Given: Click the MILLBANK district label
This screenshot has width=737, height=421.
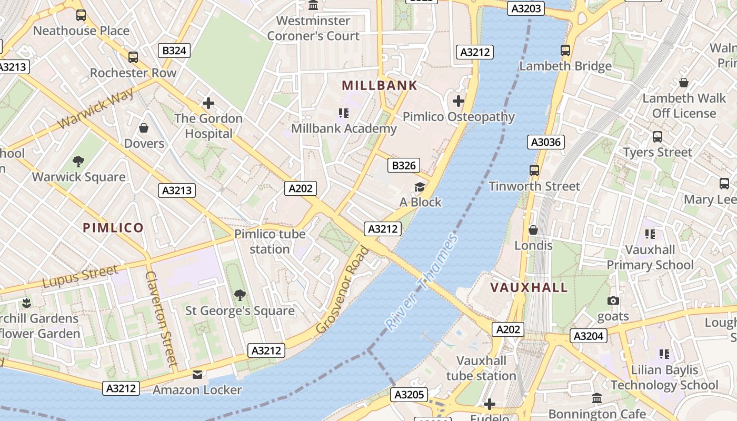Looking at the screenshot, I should pyautogui.click(x=379, y=85).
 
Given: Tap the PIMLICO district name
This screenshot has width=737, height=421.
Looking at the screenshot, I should pyautogui.click(x=113, y=227).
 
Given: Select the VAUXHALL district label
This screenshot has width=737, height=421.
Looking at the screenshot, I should pyautogui.click(x=529, y=287).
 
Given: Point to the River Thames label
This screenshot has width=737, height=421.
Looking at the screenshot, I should pyautogui.click(x=422, y=283).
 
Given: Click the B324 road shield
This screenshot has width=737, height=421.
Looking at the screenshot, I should pyautogui.click(x=174, y=51).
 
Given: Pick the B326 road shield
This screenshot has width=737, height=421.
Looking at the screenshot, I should pyautogui.click(x=404, y=166).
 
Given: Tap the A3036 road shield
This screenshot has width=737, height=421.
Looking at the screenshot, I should pyautogui.click(x=545, y=142).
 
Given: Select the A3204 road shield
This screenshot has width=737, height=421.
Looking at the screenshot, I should pyautogui.click(x=589, y=336).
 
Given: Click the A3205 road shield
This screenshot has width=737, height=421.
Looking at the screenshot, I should pyautogui.click(x=409, y=395).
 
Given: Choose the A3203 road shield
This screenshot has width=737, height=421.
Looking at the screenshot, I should pyautogui.click(x=525, y=8).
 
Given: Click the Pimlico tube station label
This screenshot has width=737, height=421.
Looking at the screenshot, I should pyautogui.click(x=270, y=241).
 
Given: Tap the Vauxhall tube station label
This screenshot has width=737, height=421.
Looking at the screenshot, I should pyautogui.click(x=481, y=368).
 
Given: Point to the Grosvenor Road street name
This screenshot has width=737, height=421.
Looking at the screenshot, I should pyautogui.click(x=343, y=289).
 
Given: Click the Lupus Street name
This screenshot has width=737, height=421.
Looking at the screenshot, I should pyautogui.click(x=81, y=276).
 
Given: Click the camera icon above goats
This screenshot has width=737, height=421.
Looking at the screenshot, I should pyautogui.click(x=613, y=300).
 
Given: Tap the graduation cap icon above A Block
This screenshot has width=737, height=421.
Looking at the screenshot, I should pyautogui.click(x=420, y=187).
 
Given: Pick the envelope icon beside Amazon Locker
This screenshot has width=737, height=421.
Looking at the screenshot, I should pyautogui.click(x=197, y=375).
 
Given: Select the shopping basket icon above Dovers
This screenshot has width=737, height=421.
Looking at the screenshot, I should pyautogui.click(x=144, y=128).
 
